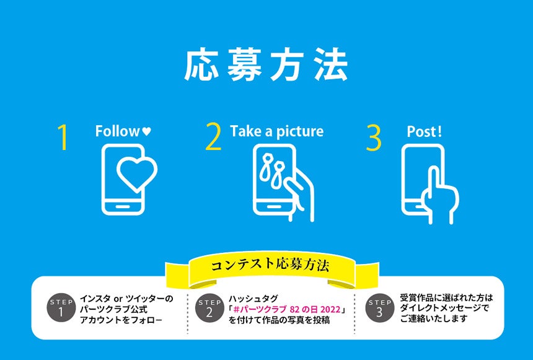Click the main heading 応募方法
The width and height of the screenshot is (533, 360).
266,64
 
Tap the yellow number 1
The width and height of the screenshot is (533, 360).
63,137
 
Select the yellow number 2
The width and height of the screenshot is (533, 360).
213,137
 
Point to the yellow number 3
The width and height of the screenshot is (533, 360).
374,138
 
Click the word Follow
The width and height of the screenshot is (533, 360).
117,131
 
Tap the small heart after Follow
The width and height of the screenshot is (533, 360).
146,131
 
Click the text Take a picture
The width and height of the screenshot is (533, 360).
276,131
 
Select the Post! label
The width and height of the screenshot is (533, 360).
424,131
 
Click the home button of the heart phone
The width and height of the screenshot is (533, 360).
123,206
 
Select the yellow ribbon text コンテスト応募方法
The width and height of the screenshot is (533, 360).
270,265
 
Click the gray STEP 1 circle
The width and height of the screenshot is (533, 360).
61,307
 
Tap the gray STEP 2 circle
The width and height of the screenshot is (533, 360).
209,308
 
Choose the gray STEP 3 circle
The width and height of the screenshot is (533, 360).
380,307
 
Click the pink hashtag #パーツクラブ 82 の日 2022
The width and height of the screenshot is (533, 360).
287,309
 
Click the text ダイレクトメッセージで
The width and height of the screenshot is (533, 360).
444,309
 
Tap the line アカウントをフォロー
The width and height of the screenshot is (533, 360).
121,320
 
